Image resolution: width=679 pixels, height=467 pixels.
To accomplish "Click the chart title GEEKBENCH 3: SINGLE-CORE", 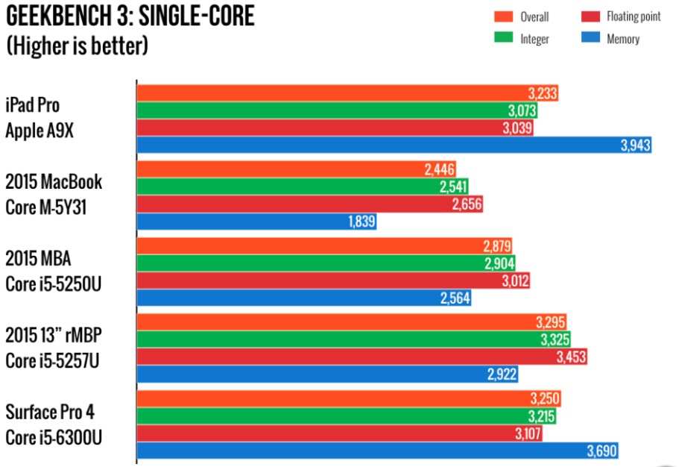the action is [130, 16].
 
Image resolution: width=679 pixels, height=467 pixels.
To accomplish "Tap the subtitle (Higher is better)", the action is [77, 45].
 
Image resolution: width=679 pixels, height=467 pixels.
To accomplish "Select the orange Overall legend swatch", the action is [504, 16].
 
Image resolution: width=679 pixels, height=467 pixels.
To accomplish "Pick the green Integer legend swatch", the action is [504, 37].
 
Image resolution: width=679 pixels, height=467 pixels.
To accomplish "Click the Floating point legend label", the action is [634, 16].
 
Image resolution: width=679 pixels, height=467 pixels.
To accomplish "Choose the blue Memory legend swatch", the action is [590, 37].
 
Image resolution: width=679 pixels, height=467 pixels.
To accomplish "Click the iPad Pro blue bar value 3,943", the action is [635, 145].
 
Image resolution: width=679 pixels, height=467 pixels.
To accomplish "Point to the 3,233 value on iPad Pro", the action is [543, 93].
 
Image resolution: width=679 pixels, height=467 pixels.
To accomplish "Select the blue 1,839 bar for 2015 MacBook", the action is [256, 222].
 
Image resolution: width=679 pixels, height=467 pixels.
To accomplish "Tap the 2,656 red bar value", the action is [467, 204].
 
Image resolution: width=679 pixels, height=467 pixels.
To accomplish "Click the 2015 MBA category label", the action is [38, 258].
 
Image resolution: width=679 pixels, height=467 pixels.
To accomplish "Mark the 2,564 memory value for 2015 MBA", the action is [455, 298].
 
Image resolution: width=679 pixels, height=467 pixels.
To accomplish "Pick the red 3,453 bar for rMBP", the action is [362, 357].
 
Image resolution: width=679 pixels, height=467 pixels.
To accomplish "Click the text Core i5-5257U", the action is [52, 361].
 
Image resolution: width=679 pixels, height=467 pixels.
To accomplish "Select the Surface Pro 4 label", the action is [50, 412].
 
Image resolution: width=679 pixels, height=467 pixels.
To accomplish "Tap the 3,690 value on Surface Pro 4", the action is [602, 451].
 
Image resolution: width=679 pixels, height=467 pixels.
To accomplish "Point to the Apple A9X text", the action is [40, 131].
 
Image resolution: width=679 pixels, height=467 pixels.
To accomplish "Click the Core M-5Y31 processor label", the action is [46, 207].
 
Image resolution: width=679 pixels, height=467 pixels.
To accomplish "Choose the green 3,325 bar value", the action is [555, 339].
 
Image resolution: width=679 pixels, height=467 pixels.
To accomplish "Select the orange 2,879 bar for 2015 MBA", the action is [324, 246].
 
